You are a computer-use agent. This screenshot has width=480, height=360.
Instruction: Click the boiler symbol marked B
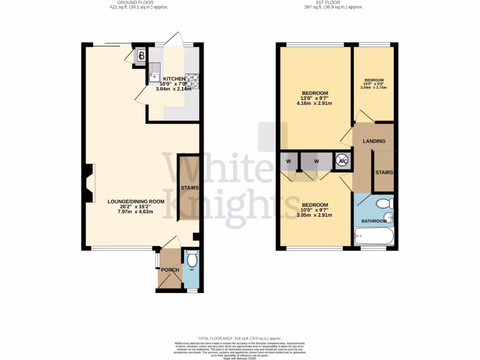click(141, 56)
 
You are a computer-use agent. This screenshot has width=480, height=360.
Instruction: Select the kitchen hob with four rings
click(192, 81)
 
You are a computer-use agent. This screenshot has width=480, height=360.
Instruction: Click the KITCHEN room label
click(174, 78)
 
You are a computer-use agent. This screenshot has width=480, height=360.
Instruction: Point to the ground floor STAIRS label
click(190, 188)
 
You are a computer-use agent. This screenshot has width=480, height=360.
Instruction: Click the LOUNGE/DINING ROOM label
click(136, 202)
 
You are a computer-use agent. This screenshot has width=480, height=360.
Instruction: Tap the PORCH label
click(170, 270)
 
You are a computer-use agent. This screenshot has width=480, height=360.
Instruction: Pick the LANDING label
click(374, 141)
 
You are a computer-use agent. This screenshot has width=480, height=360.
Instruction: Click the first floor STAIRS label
click(384, 172)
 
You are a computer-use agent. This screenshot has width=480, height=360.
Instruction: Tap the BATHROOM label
click(374, 221)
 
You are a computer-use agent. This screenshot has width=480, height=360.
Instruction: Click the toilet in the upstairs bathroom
click(386, 203)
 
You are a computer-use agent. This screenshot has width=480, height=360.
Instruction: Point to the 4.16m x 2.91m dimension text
click(314, 104)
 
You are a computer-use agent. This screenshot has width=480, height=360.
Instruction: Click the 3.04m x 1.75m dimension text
click(374, 87)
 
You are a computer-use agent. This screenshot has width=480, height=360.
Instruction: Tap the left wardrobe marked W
click(288, 161)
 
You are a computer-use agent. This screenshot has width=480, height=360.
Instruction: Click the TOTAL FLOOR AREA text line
click(240, 338)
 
